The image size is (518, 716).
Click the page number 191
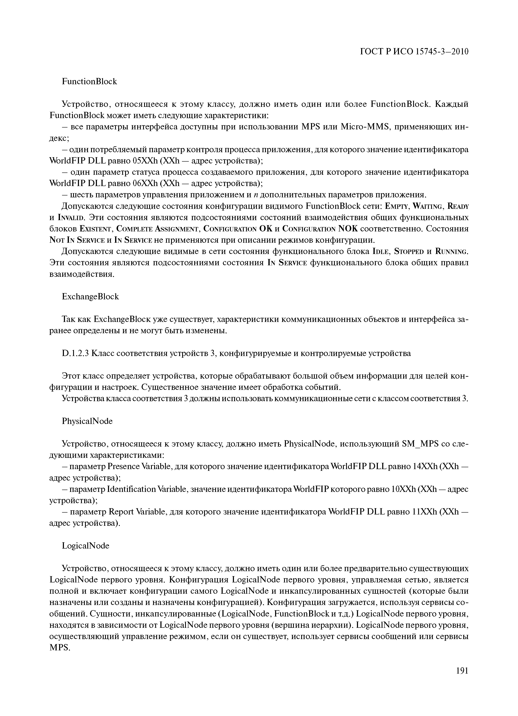point(462,679)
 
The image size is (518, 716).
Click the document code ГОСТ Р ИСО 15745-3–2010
point(414,51)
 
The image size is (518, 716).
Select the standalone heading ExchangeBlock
point(90,296)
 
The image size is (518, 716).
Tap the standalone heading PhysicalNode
point(87,421)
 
